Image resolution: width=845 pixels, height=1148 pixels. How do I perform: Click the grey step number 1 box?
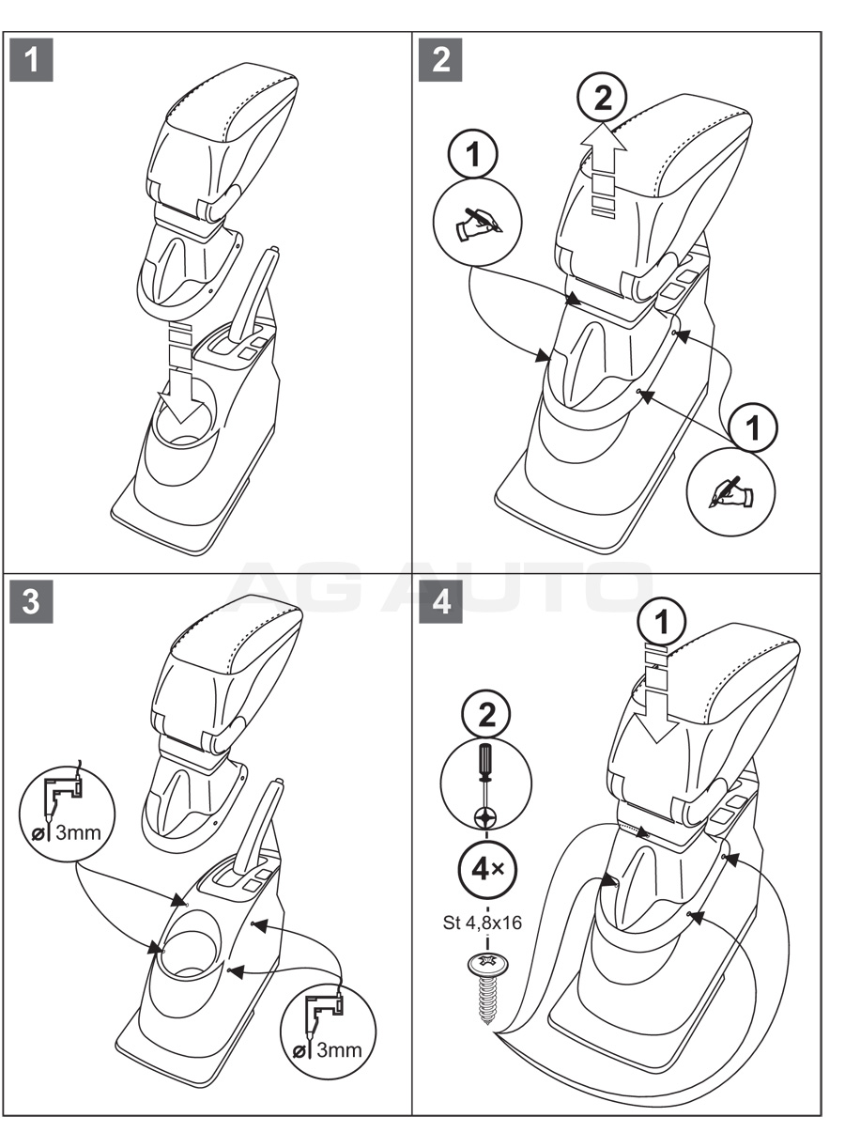click(x=32, y=60)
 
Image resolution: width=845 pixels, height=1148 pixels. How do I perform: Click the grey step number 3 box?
click(x=32, y=601)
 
